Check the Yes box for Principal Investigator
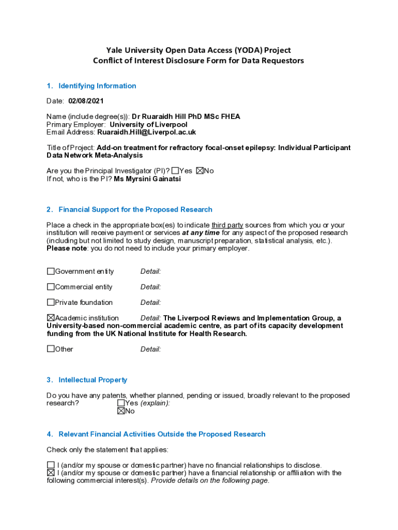coord(175,171)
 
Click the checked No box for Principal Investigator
coord(200,171)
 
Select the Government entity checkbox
coord(51,271)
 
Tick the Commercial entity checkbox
coord(51,287)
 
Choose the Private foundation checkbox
coord(51,302)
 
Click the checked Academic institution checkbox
coord(51,318)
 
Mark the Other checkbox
coord(51,349)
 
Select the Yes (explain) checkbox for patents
coord(121,403)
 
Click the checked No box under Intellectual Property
coord(121,411)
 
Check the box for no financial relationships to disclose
coord(51,465)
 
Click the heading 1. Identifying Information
coord(97,86)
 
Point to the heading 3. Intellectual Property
coord(93,380)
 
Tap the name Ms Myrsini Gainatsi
coord(147,179)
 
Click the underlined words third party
coord(227,225)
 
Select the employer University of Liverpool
coord(148,125)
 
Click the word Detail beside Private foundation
coord(150,302)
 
